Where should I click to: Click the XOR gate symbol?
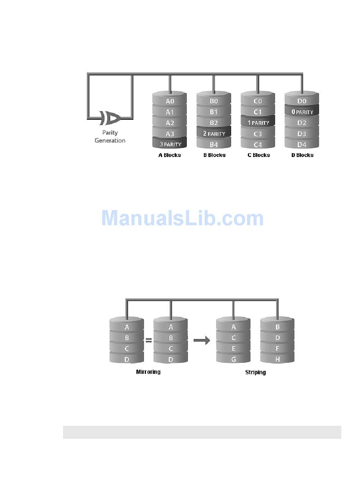110,118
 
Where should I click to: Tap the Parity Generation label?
110,137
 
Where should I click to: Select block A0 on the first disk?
170,101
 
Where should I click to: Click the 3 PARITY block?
170,144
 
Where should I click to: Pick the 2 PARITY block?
214,133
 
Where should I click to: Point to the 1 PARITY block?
258,123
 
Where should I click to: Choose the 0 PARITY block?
302,112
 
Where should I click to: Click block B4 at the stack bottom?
214,144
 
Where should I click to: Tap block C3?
258,133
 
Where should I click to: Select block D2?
302,123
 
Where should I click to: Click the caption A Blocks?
170,155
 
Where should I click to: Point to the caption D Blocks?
302,155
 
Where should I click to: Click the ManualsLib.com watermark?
182,218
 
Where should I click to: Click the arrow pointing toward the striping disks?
202,341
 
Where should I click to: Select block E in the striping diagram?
233,348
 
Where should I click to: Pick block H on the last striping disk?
277,359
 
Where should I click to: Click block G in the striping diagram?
233,359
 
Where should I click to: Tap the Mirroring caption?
148,372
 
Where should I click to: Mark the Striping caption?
255,372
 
